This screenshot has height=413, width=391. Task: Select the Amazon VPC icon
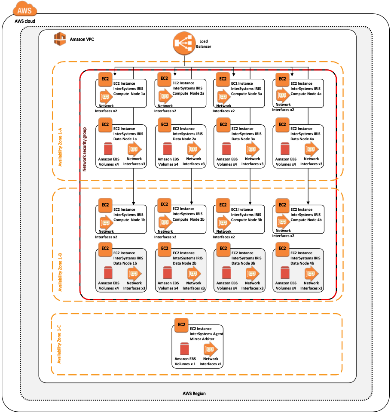pos(60,39)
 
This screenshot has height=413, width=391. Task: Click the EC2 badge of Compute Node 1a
pos(105,79)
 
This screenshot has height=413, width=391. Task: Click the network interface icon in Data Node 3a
pos(252,149)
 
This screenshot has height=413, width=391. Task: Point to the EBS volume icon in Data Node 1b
pos(108,273)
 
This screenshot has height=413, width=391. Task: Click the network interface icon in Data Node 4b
pos(311,273)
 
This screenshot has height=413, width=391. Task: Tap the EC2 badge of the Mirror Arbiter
pos(181,324)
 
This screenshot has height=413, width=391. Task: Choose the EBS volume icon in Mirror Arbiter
pos(185,349)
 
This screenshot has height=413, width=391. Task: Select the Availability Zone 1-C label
pos(60,345)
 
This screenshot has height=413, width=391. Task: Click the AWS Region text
pos(194,393)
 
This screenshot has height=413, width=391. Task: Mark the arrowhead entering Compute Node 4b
pos(308,202)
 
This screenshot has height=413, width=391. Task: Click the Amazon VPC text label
pos(82,40)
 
